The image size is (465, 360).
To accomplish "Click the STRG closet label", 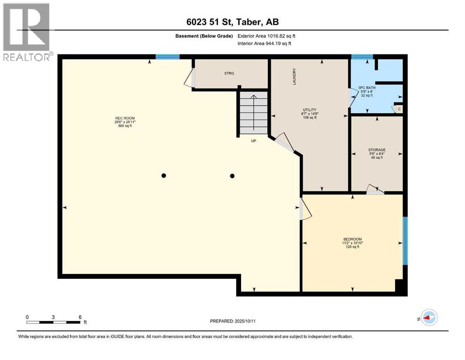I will (x=229, y=73).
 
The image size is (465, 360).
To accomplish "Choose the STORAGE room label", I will (x=376, y=150).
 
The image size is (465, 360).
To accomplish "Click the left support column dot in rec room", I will (x=163, y=176).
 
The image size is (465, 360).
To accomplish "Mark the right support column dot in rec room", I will (x=232, y=176).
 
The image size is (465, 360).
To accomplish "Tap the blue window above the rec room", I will (x=167, y=57).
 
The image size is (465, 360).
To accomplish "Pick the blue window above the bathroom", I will (x=362, y=57).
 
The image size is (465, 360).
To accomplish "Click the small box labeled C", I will (x=399, y=109).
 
